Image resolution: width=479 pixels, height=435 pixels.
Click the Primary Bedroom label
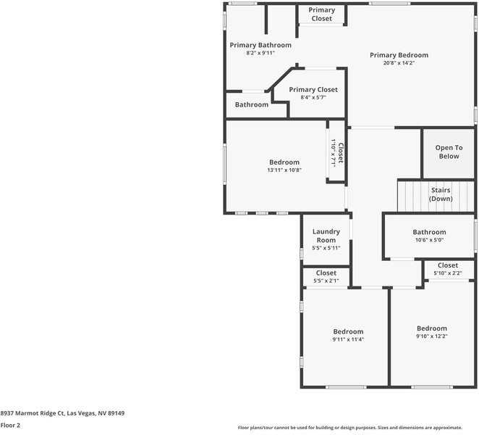coord(399,55)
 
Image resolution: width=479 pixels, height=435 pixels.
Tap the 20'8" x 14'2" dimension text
coord(399,63)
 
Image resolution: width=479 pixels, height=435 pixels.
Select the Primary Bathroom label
coord(260,45)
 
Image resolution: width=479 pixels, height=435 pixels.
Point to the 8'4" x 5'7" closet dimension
coord(313,98)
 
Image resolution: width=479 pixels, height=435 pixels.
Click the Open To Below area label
coord(449,152)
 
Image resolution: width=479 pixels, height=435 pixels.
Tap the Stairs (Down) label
coord(440,194)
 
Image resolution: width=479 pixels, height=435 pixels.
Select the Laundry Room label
coord(326,236)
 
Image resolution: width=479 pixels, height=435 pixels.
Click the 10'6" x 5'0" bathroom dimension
coord(429,241)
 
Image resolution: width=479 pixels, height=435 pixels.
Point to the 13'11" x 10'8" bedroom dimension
coord(284,170)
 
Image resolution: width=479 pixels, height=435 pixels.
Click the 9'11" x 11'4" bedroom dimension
coord(348,339)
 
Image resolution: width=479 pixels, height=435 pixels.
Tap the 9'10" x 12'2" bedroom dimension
coord(431,336)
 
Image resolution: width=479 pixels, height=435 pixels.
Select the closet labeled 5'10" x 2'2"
coord(448,270)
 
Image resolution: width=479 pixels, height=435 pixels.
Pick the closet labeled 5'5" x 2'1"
coord(326,277)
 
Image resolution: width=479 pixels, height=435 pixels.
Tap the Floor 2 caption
coord(10,426)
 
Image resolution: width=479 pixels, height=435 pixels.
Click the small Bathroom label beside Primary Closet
coord(251,104)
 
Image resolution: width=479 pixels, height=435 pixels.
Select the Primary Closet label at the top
coord(321,14)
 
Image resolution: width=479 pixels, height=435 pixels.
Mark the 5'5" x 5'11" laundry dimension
coord(326,248)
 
